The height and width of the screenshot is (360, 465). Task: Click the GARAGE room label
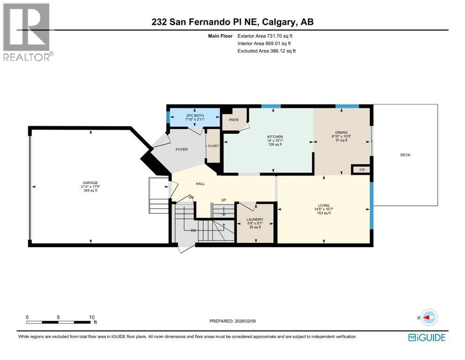tap(90, 183)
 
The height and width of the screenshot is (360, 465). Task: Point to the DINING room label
tap(341, 133)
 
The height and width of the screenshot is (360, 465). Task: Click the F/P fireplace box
tap(362, 170)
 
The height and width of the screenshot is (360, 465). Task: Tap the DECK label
tap(405, 155)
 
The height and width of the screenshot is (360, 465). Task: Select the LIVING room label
tap(323, 205)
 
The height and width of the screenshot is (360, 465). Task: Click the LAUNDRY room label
tap(255, 219)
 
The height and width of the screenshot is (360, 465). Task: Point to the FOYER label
tap(181, 150)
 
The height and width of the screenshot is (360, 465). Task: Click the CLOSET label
tap(213, 146)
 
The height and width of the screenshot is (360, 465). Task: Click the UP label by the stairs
tap(224, 200)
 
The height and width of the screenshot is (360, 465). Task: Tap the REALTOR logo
tap(27, 32)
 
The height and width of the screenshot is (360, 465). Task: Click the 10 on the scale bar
tap(89, 317)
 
